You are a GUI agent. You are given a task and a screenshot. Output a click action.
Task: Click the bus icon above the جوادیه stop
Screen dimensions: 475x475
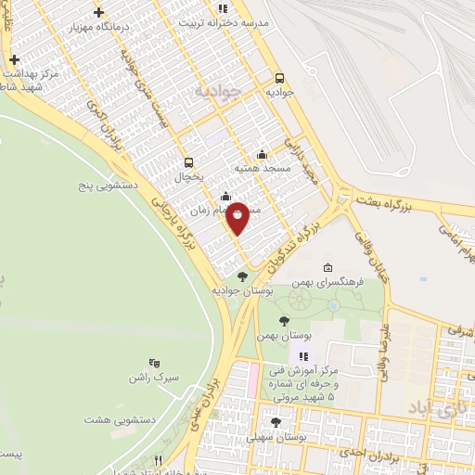tap(281, 78)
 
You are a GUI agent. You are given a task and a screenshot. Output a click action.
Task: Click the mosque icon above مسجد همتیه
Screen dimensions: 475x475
tap(263, 154)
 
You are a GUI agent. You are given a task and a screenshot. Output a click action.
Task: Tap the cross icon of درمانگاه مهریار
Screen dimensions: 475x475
tap(98, 13)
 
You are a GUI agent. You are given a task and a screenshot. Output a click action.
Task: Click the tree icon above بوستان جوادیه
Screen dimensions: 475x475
tap(242, 276)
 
